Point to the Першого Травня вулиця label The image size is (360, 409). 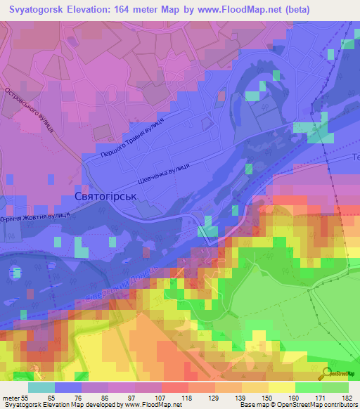pos(132,138)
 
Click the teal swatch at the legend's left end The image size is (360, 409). pos(41,387)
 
